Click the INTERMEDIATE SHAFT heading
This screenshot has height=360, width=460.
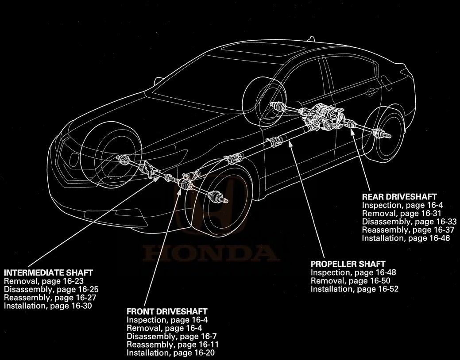(48, 272)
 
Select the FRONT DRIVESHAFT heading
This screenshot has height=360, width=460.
(167, 312)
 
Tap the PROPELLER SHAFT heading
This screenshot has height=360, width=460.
(348, 264)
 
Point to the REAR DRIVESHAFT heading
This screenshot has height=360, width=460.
(399, 197)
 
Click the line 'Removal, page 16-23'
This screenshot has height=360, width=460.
(44, 281)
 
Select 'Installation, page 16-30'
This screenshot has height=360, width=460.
(48, 306)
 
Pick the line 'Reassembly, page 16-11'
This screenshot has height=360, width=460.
(173, 345)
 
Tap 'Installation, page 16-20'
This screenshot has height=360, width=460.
(171, 353)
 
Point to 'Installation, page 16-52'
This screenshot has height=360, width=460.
(354, 289)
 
